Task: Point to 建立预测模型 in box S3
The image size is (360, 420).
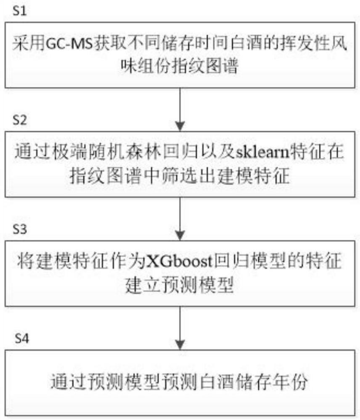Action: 180,285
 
